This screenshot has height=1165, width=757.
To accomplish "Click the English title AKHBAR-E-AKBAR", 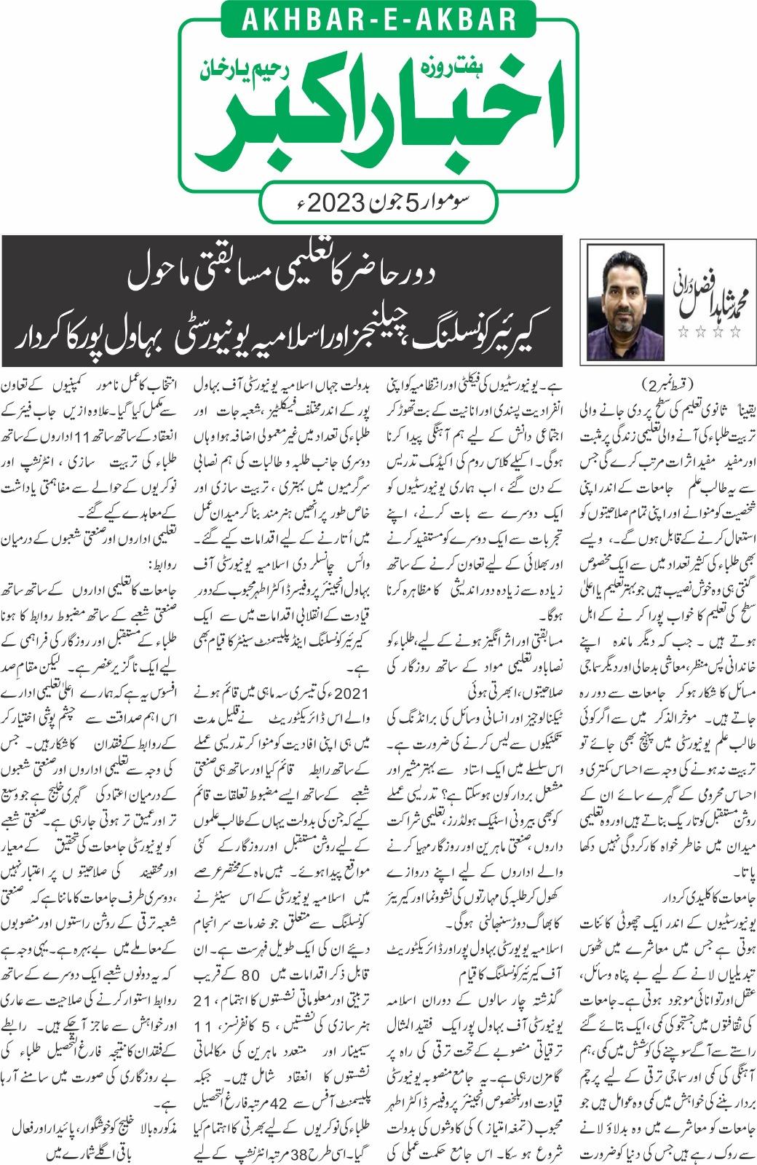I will click(378, 19).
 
